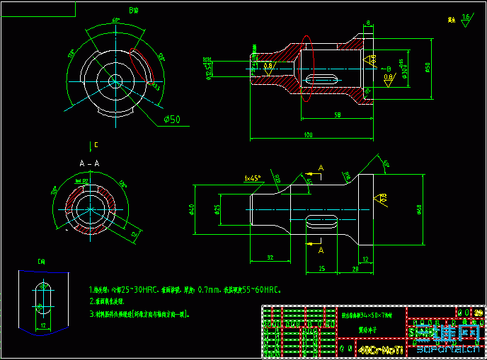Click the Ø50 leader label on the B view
point(172,119)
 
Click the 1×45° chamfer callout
point(252,178)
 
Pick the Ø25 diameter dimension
point(217,210)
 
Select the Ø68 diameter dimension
point(420,210)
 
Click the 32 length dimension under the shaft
point(270,257)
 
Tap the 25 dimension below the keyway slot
point(321,269)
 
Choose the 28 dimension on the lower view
point(355,269)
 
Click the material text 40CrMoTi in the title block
point(381,350)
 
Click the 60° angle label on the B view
point(115,20)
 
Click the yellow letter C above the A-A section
point(96,146)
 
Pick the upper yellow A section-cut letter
point(320,168)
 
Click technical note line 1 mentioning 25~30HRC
point(184,290)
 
